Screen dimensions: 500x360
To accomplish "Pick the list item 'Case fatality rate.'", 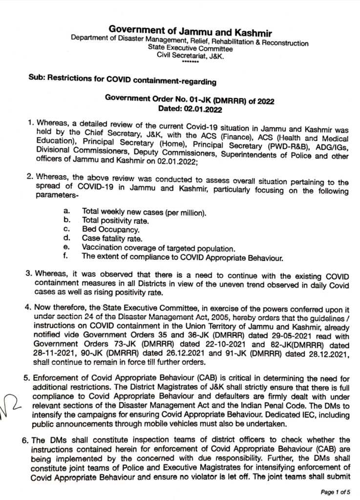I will click(112, 238).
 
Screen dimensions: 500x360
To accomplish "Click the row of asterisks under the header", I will click(190, 62).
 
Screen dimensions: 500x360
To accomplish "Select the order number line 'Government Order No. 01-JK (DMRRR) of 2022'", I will click(190, 100).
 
